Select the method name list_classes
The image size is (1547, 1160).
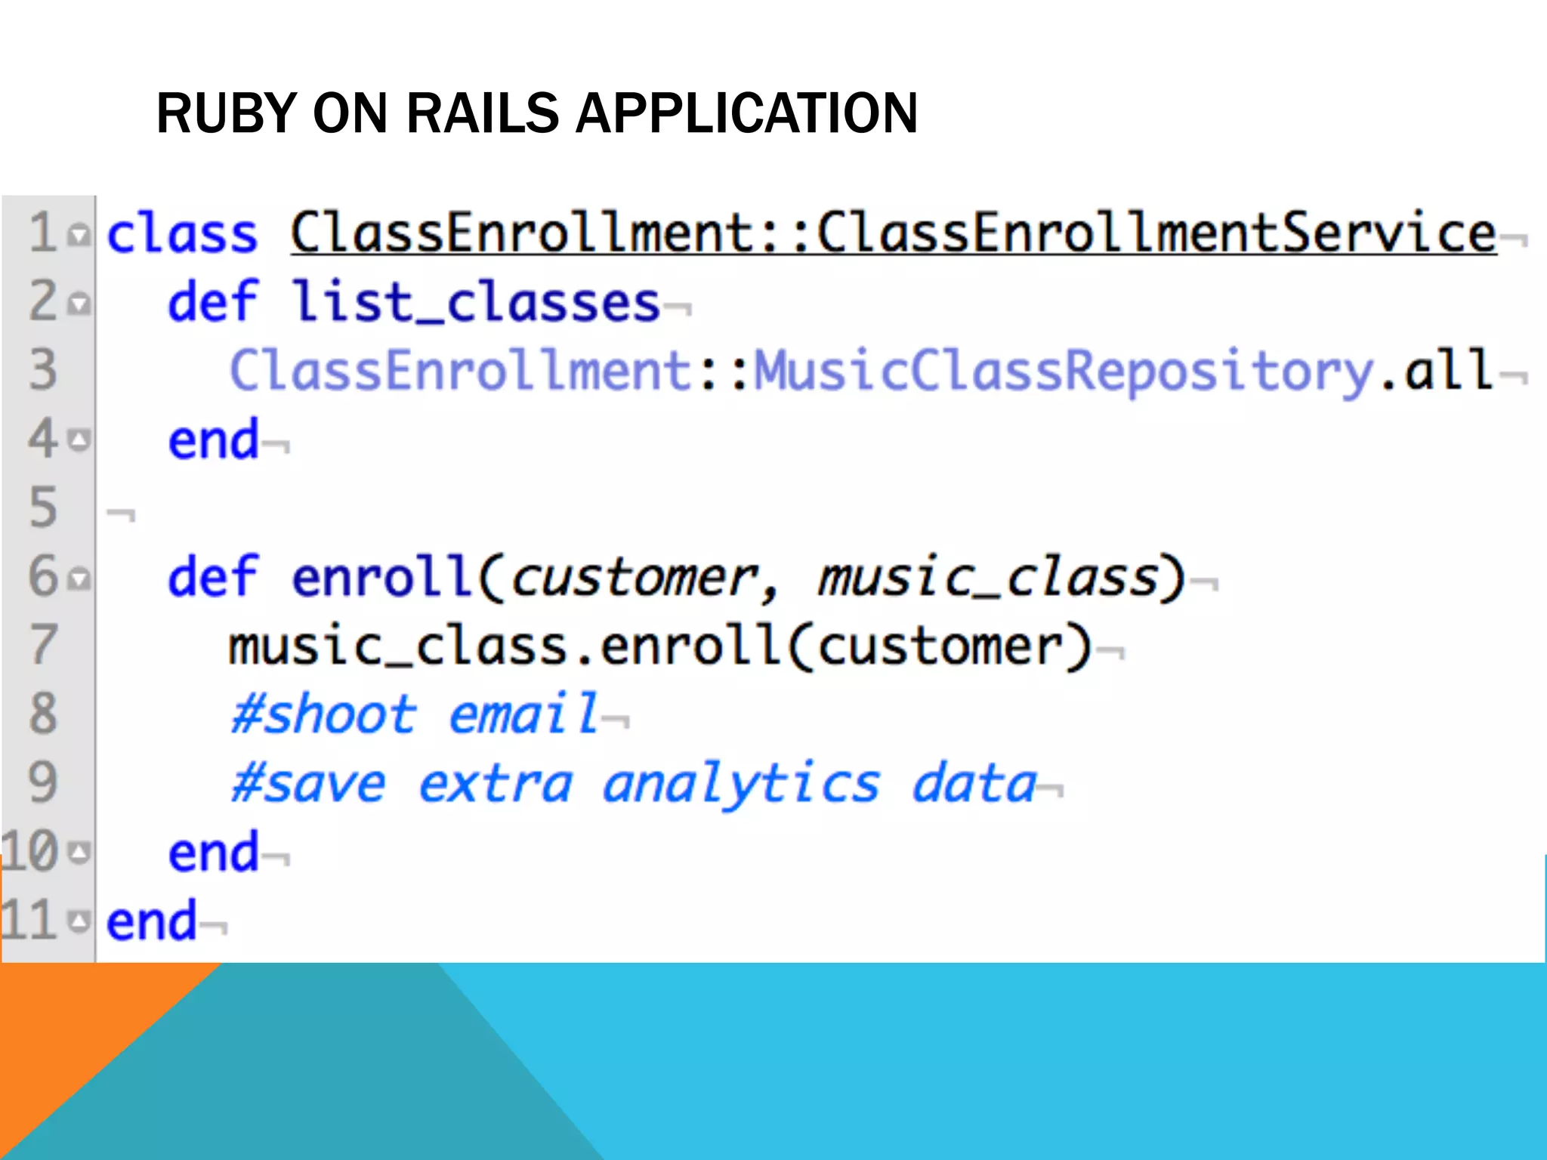pos(477,302)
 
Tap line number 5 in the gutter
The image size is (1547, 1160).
pos(43,507)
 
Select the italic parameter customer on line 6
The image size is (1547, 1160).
pos(635,578)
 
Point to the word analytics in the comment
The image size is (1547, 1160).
pos(741,784)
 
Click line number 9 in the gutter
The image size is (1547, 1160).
pos(43,782)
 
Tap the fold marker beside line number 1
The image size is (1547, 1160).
pos(79,236)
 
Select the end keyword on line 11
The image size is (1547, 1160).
pos(151,921)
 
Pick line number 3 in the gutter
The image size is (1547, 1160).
pos(43,370)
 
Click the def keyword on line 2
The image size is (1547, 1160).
pos(213,302)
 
